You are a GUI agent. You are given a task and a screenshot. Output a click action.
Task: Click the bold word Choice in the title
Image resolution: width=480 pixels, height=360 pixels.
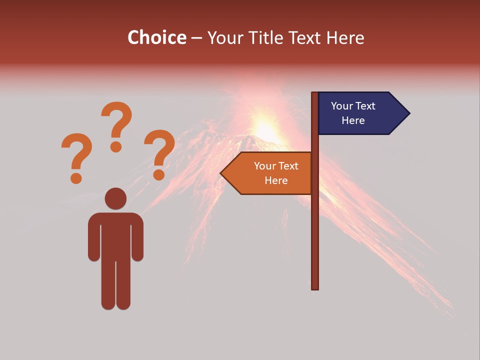[156, 37]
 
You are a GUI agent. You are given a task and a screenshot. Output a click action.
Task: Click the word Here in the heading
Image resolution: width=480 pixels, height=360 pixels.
[345, 37]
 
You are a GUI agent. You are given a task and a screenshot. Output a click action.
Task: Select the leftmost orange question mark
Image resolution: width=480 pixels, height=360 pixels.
[76, 156]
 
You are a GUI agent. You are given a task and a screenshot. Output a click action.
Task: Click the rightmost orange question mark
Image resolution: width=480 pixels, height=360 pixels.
[159, 152]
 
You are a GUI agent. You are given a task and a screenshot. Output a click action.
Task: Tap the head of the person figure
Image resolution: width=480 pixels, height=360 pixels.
[115, 198]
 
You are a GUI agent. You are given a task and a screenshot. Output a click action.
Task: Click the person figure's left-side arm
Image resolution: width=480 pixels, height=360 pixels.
[94, 237]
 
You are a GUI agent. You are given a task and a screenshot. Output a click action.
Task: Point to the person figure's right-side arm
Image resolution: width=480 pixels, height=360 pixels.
[137, 237]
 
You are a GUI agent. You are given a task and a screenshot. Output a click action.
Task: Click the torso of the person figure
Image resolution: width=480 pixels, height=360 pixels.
[115, 235]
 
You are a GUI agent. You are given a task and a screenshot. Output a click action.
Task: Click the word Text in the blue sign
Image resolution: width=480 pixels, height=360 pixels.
[366, 106]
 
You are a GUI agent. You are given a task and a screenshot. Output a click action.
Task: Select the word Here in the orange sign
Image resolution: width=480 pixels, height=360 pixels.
[276, 180]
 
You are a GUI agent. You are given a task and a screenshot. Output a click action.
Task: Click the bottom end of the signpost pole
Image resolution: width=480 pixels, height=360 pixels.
[315, 287]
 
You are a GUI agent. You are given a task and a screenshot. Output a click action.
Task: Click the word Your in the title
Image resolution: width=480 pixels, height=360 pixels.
[223, 37]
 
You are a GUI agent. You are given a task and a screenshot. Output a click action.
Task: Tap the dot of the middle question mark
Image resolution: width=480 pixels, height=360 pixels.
[116, 146]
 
